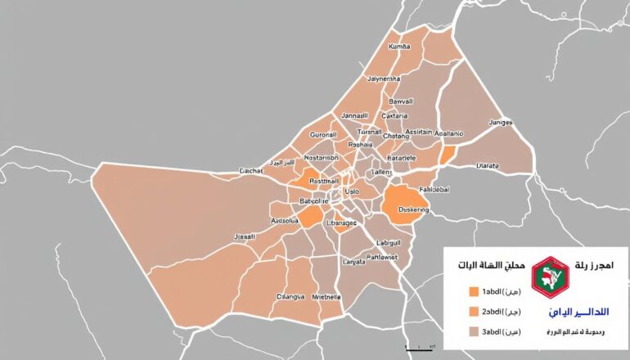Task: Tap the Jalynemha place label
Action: [x=385, y=79]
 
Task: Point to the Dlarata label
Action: [x=488, y=165]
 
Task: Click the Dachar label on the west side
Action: [x=250, y=171]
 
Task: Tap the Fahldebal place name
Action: [x=434, y=189]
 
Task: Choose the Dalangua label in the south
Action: [x=290, y=296]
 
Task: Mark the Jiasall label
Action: [x=245, y=236]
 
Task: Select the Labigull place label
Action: [x=389, y=243]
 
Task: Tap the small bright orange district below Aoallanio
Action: [x=447, y=155]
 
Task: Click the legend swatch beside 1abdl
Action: [x=472, y=292]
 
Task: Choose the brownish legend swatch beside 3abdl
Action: [x=472, y=331]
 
